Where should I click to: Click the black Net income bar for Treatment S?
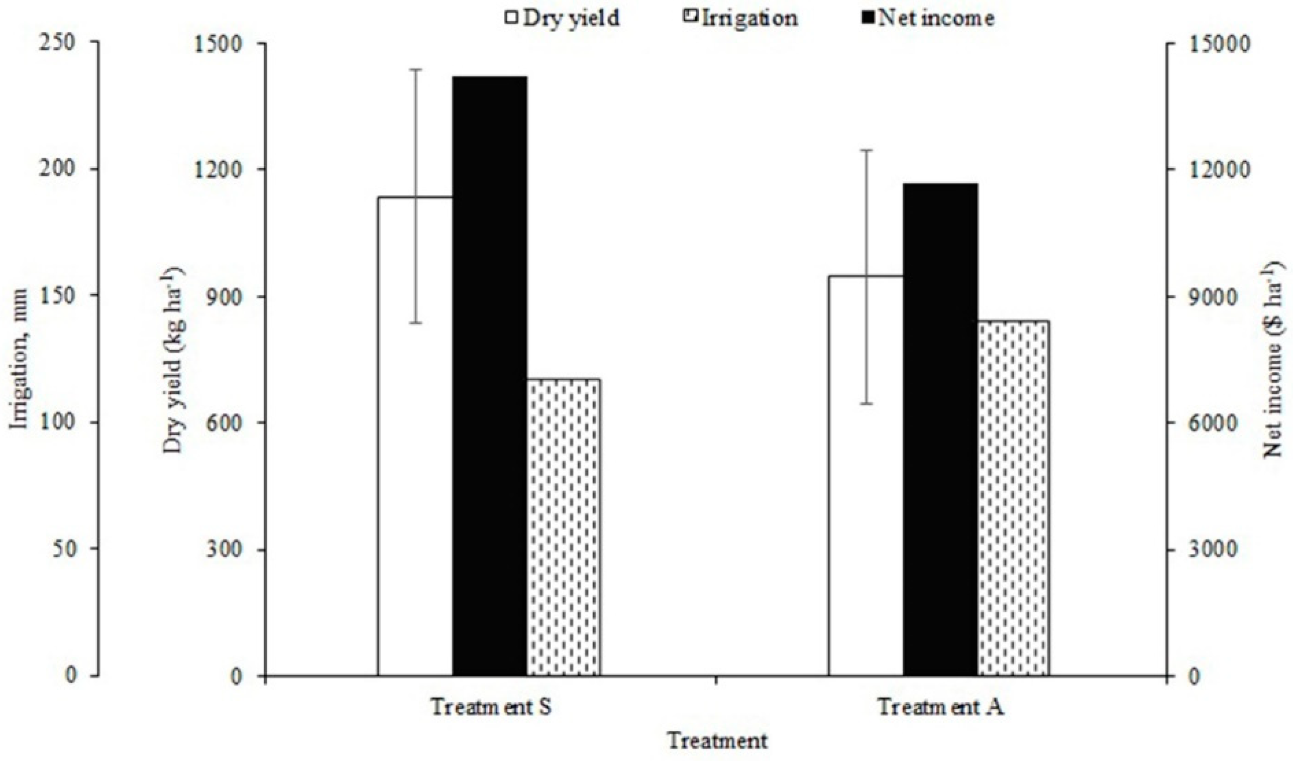click(x=489, y=375)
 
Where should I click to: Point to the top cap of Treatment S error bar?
click(x=414, y=69)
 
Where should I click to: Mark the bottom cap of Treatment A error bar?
click(x=866, y=404)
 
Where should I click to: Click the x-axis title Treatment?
click(x=717, y=740)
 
